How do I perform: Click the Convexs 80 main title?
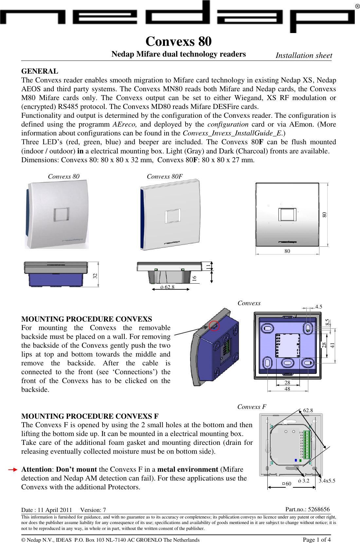click(178, 42)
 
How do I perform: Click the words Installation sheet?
click(304, 55)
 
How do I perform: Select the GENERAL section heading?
click(40, 71)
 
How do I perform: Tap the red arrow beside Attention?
click(13, 469)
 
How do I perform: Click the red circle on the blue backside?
click(214, 326)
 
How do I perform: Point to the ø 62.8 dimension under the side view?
click(167, 287)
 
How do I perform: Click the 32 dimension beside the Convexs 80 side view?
click(95, 275)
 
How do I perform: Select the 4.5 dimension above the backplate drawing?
click(318, 307)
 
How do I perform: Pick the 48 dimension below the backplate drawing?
click(287, 389)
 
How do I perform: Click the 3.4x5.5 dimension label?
click(327, 481)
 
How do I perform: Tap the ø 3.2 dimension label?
click(304, 481)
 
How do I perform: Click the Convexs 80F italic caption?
click(165, 176)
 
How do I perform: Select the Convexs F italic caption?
click(252, 407)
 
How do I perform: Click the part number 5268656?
click(319, 509)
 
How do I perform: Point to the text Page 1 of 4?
click(316, 539)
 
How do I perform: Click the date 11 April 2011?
click(55, 510)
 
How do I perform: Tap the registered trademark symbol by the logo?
click(357, 7)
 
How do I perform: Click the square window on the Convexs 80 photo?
click(62, 214)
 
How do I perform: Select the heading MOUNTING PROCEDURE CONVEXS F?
click(90, 416)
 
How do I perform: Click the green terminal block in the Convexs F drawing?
click(307, 445)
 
